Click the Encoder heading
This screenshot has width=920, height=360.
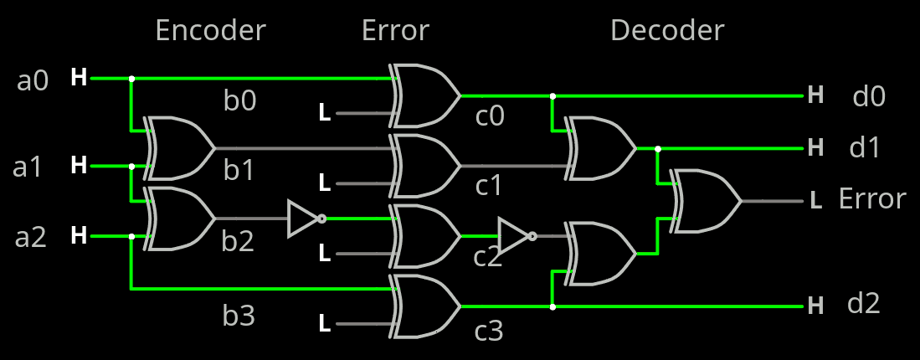[210, 31]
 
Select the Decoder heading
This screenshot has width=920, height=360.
[666, 31]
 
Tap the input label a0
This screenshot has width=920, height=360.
[33, 81]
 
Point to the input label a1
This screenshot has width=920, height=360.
[28, 167]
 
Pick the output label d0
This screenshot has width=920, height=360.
[869, 97]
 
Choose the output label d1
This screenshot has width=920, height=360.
[866, 149]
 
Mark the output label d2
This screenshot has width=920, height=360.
[864, 304]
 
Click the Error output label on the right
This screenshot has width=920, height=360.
[872, 199]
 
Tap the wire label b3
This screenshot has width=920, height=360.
[239, 316]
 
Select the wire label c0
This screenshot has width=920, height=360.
[490, 116]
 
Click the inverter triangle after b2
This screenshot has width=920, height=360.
[304, 219]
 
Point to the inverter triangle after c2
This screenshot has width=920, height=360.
[514, 235]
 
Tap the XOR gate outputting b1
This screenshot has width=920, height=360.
[179, 148]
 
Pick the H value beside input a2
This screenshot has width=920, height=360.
[79, 236]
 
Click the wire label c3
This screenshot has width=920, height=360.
[489, 332]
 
